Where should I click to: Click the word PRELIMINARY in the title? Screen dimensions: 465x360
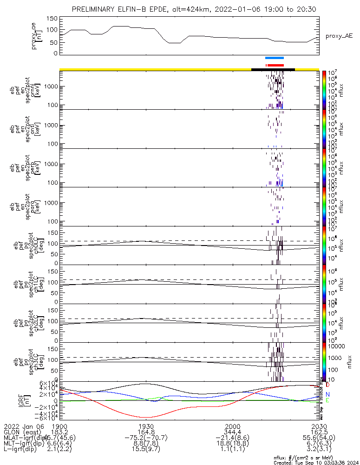95,9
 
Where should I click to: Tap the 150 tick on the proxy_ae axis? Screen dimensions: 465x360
52,19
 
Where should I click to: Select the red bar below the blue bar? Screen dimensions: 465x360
275,65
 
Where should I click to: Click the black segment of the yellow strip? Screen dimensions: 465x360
273,69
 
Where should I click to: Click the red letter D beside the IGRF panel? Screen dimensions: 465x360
327,385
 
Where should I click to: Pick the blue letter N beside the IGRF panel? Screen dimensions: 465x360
327,394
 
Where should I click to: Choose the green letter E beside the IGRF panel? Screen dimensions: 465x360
327,400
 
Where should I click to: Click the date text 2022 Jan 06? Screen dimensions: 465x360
23,426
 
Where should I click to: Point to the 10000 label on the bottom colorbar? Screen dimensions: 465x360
337,346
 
